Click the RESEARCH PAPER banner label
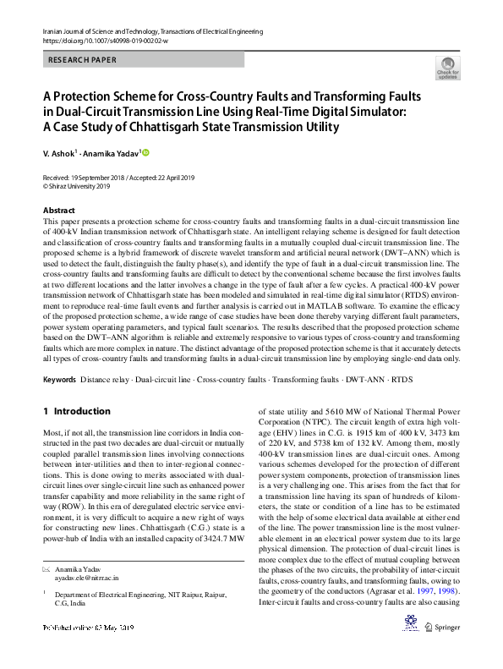[82, 61]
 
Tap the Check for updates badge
[447, 69]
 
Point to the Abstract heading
[58, 210]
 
